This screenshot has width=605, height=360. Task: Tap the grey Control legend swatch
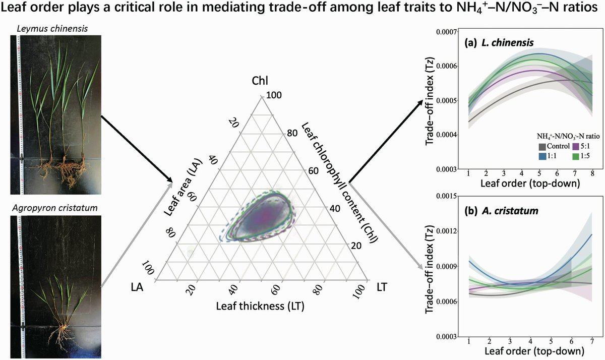tap(541, 146)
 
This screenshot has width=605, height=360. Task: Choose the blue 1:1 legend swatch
tap(541, 157)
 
